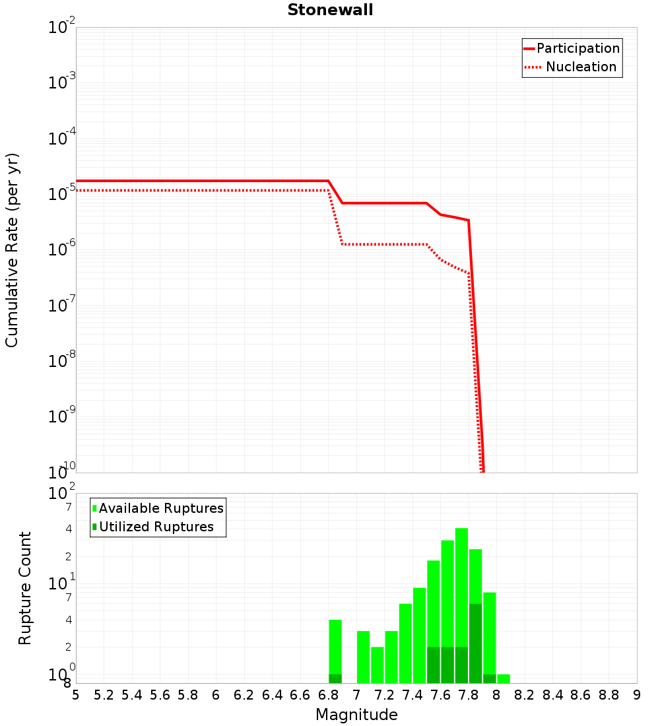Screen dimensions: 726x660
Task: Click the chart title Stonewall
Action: coord(330,10)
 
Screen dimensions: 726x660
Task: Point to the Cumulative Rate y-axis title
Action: coord(12,249)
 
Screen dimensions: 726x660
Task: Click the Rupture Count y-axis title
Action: coord(25,588)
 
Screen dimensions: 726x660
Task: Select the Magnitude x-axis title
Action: coord(356,715)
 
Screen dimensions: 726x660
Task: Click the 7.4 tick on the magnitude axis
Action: coord(412,695)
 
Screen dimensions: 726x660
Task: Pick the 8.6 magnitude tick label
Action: coord(581,695)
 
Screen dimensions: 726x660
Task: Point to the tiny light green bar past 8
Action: coord(504,678)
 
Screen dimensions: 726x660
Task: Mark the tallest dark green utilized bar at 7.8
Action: coord(475,643)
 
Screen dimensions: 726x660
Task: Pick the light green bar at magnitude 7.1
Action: coord(378,665)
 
